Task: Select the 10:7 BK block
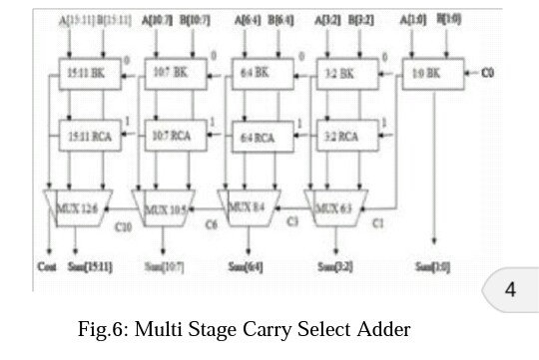(172, 74)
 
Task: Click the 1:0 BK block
(425, 74)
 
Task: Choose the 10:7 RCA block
(172, 134)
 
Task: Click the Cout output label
(47, 266)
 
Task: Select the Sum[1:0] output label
(433, 266)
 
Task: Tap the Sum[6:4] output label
(249, 266)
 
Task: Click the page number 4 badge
(510, 290)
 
